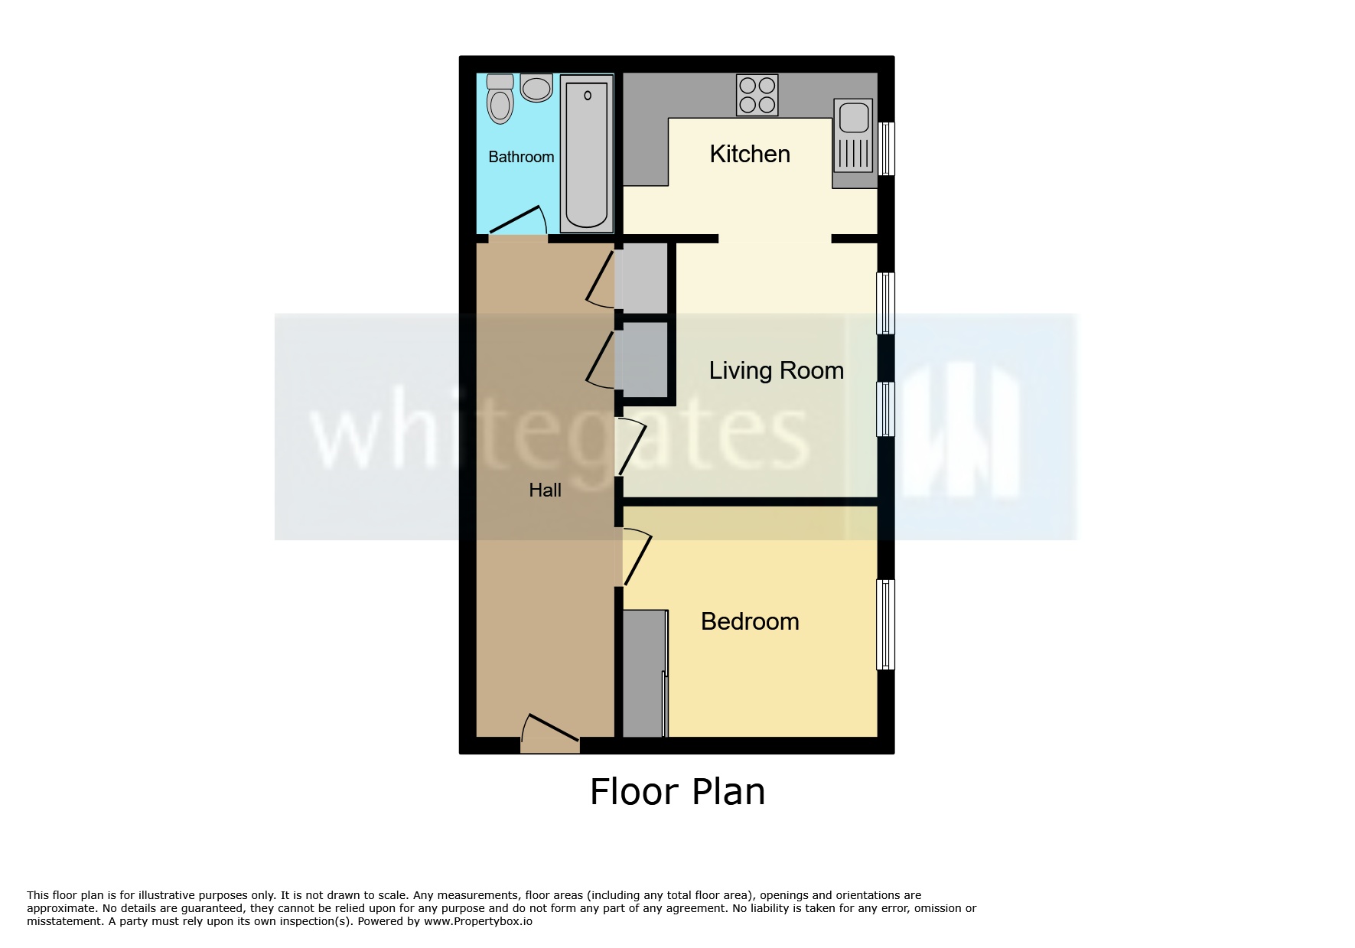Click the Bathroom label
pyautogui.click(x=521, y=157)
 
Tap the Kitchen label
pyautogui.click(x=750, y=154)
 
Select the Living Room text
pyautogui.click(x=776, y=370)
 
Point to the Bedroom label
pyautogui.click(x=750, y=621)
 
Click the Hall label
pyautogui.click(x=545, y=490)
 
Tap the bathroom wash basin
pyautogui.click(x=536, y=87)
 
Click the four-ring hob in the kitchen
pyautogui.click(x=757, y=95)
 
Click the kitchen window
pyautogui.click(x=886, y=148)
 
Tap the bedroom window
pyautogui.click(x=885, y=624)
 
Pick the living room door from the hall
pyautogui.click(x=633, y=448)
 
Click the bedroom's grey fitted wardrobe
pyautogui.click(x=643, y=673)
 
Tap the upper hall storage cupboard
pyautogui.click(x=644, y=279)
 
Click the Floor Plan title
pyautogui.click(x=677, y=792)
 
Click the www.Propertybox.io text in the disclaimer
pyautogui.click(x=478, y=921)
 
